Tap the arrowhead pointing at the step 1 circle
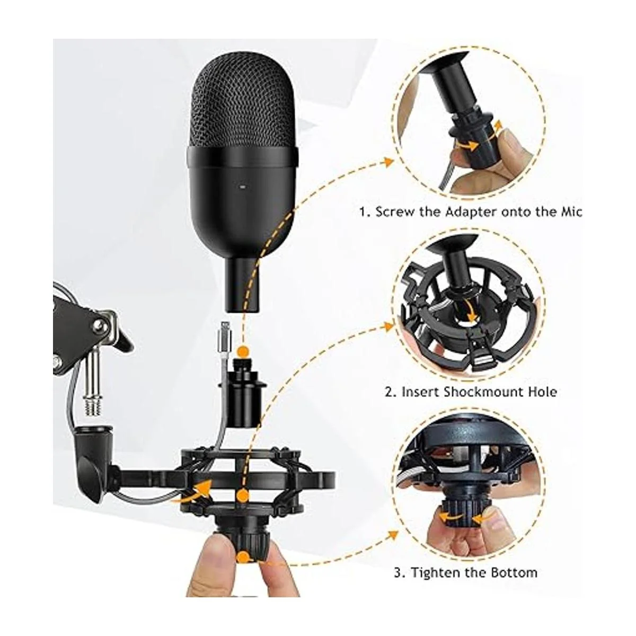point(389,162)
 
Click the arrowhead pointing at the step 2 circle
point(389,326)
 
